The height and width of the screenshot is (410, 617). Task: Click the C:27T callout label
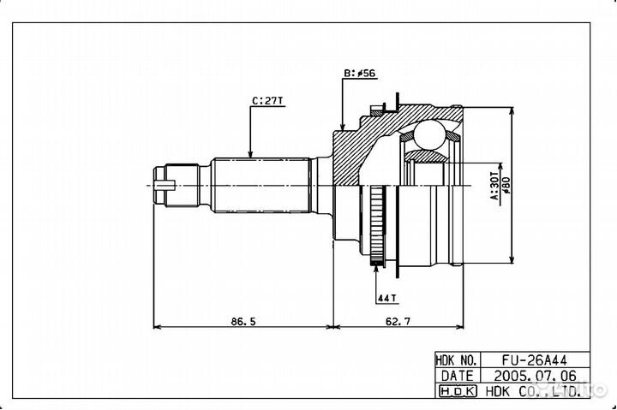[x=267, y=101]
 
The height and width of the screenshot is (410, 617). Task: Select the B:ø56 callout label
[x=360, y=73]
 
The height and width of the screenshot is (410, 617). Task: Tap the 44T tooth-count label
[x=386, y=299]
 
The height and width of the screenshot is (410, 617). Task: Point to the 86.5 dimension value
[x=243, y=322]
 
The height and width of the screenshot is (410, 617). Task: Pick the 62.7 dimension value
[x=398, y=322]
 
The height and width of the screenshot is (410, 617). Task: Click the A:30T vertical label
[x=494, y=186]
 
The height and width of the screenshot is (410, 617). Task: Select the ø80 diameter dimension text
[x=506, y=186]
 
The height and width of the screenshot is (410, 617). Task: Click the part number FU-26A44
[x=535, y=360]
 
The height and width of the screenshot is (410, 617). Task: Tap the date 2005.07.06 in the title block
[x=535, y=376]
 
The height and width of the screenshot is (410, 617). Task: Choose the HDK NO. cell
[x=458, y=360]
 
